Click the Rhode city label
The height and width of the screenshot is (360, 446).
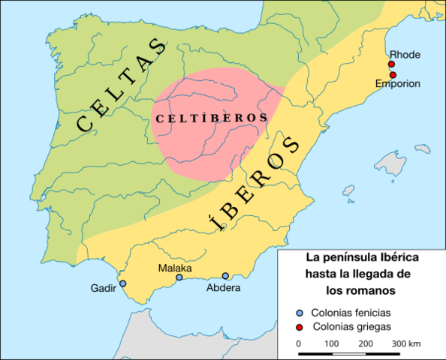404,55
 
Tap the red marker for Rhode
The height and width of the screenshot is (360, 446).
392,65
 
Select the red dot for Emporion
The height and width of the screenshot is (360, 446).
392,75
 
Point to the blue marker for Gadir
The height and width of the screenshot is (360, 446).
123,283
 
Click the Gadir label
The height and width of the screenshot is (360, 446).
103,289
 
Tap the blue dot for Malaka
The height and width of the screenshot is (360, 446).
179,277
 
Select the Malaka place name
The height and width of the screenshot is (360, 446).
175,268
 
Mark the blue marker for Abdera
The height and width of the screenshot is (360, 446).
225,276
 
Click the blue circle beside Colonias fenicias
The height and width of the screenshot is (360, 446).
300,313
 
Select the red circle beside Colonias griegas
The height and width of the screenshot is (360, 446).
300,327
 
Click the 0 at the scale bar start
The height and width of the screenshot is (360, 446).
299,343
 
